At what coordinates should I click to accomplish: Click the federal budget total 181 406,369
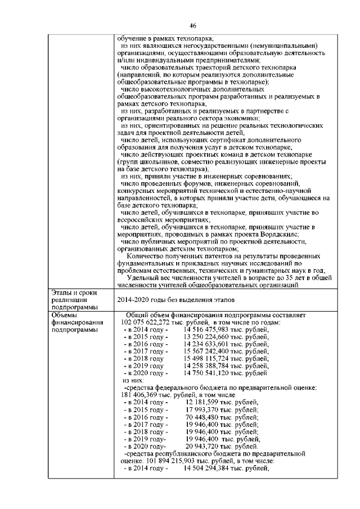(x=143, y=395)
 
